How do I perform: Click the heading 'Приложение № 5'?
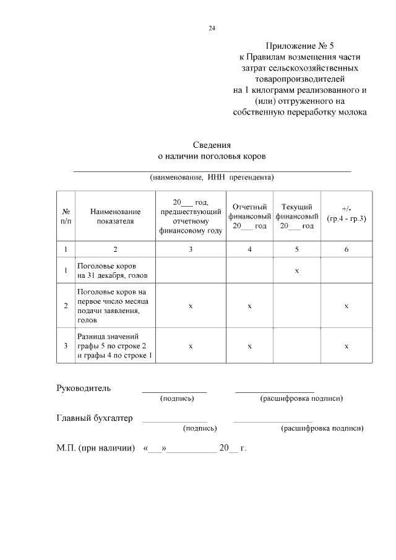pos(299,46)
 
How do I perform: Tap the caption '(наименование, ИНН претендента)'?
pos(212,178)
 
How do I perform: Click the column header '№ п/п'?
pos(66,215)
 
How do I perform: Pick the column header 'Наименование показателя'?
pos(115,215)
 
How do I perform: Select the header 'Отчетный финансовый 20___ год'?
pos(249,216)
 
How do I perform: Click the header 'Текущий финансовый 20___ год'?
pos(297,216)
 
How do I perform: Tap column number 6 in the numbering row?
pos(346,249)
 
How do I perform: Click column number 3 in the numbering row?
pos(191,249)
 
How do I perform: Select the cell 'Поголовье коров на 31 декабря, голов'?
pos(115,270)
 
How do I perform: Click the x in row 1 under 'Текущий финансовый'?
pos(297,270)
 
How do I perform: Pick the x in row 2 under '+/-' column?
pos(346,306)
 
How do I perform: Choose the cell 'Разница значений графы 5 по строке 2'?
pos(115,345)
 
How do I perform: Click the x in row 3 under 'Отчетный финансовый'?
pos(249,345)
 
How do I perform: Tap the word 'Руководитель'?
pos(84,388)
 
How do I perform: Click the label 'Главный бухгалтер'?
pos(95,418)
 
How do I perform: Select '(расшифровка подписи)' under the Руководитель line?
pos(302,399)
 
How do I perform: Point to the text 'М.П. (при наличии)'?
pos(96,447)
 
